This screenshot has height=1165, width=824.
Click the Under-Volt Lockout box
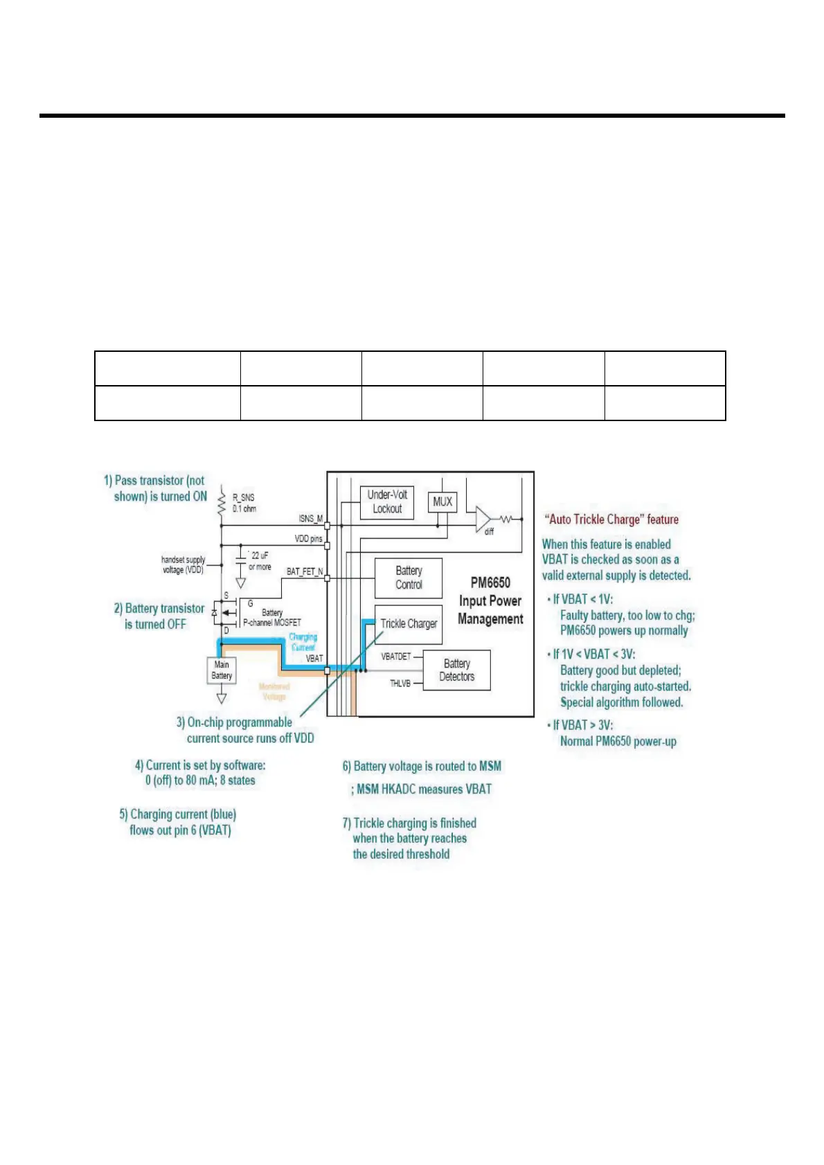tap(387, 502)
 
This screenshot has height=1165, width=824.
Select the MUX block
tap(442, 501)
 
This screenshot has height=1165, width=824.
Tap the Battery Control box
tap(409, 578)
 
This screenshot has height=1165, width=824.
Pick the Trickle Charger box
tap(409, 623)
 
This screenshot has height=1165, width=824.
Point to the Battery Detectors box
tap(456, 670)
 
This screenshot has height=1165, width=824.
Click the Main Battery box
tap(222, 670)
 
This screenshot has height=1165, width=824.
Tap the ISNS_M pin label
tap(310, 518)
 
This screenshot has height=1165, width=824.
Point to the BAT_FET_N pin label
tap(305, 571)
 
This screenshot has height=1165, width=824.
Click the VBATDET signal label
tap(396, 656)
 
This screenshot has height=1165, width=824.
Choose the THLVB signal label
tap(400, 684)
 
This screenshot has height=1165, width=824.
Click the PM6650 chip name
tap(490, 582)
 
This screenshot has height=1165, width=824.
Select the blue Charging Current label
tap(303, 641)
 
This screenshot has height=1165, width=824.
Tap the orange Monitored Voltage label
tap(274, 691)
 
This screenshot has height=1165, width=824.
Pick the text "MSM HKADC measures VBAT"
tap(424, 789)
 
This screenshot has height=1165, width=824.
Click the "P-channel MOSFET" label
tap(272, 622)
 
